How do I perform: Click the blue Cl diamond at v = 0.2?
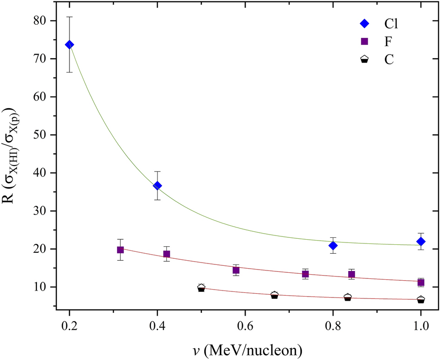69,45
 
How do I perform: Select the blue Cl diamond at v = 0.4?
158,186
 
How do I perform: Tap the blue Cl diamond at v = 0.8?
333,246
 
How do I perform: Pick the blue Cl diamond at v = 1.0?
421,242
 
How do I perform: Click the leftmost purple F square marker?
120,250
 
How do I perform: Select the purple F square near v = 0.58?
236,270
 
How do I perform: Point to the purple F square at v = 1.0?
421,283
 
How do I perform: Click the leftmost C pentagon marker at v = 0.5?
201,288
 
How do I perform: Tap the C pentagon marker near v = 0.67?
275,295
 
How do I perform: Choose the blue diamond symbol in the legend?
364,23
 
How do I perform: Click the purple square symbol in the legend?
364,42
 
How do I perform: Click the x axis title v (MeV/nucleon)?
246,348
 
